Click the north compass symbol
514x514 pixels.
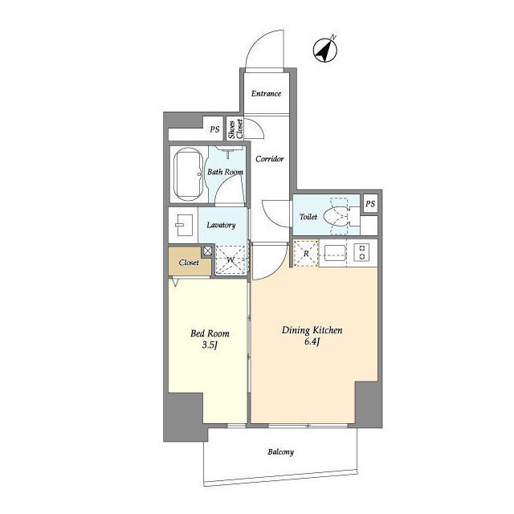(x=325, y=51)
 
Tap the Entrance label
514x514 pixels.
(x=266, y=94)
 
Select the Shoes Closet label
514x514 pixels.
(x=235, y=128)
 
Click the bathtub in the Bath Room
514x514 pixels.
(x=188, y=174)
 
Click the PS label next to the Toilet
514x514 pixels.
(x=370, y=204)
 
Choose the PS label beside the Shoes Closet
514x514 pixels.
(x=214, y=129)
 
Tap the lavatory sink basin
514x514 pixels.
(x=184, y=225)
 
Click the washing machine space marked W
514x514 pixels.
(x=230, y=260)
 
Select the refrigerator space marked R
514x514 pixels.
(x=306, y=254)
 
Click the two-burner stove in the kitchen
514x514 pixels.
(x=362, y=252)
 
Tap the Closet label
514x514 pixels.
(x=189, y=263)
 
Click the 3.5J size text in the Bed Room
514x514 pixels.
(x=210, y=345)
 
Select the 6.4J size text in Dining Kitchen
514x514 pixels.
(x=312, y=341)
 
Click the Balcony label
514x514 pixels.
(x=280, y=452)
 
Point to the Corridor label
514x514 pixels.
(x=270, y=159)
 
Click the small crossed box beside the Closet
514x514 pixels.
(x=208, y=251)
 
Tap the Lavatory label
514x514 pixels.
(x=221, y=225)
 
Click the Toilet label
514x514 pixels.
(x=308, y=217)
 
